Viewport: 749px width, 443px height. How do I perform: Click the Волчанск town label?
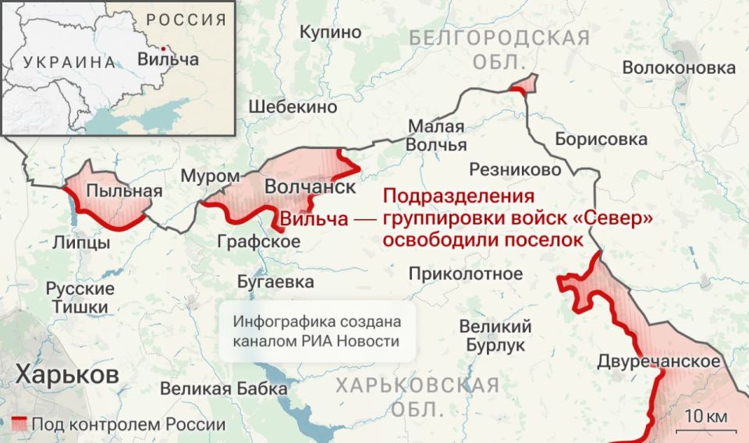(310, 188)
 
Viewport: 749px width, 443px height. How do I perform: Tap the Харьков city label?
(67, 374)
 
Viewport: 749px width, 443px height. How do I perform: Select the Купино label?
(331, 32)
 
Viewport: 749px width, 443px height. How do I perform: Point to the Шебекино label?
(293, 107)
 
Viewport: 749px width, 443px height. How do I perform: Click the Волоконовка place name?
(679, 69)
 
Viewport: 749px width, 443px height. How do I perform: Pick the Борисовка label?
(601, 140)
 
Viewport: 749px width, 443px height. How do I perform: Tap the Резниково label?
(515, 169)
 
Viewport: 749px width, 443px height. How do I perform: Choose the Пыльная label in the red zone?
(114, 191)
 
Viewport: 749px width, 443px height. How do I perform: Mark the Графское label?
(259, 243)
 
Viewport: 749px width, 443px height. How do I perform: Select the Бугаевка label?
(275, 282)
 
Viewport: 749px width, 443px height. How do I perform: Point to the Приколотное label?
(465, 274)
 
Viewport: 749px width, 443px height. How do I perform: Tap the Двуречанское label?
(658, 362)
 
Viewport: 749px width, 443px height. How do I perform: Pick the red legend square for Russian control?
(20, 425)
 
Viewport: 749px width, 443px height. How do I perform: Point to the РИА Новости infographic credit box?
(316, 331)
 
